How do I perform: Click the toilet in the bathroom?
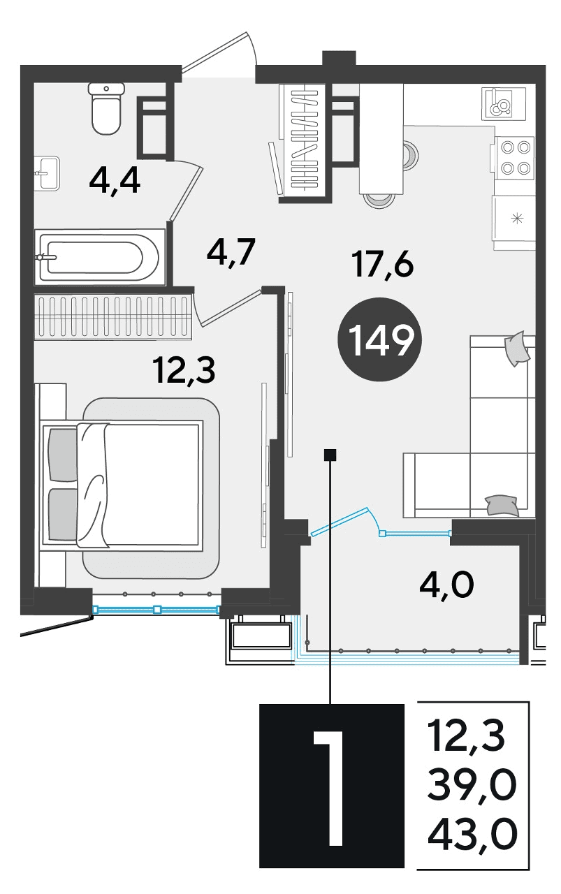pos(105,108)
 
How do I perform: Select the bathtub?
pos(100,256)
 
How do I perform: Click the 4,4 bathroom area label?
pos(115,182)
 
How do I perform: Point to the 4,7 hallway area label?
pos(231,253)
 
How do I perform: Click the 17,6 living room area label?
pos(383,264)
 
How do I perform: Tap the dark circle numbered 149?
pos(380,339)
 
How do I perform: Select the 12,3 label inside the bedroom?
pos(184,370)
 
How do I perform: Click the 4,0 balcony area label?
pos(446,585)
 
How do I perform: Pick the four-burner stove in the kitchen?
pos(515,157)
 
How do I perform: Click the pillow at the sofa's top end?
pos(517,349)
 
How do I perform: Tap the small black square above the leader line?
pos(330,455)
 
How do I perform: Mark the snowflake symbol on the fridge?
pos(518,219)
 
